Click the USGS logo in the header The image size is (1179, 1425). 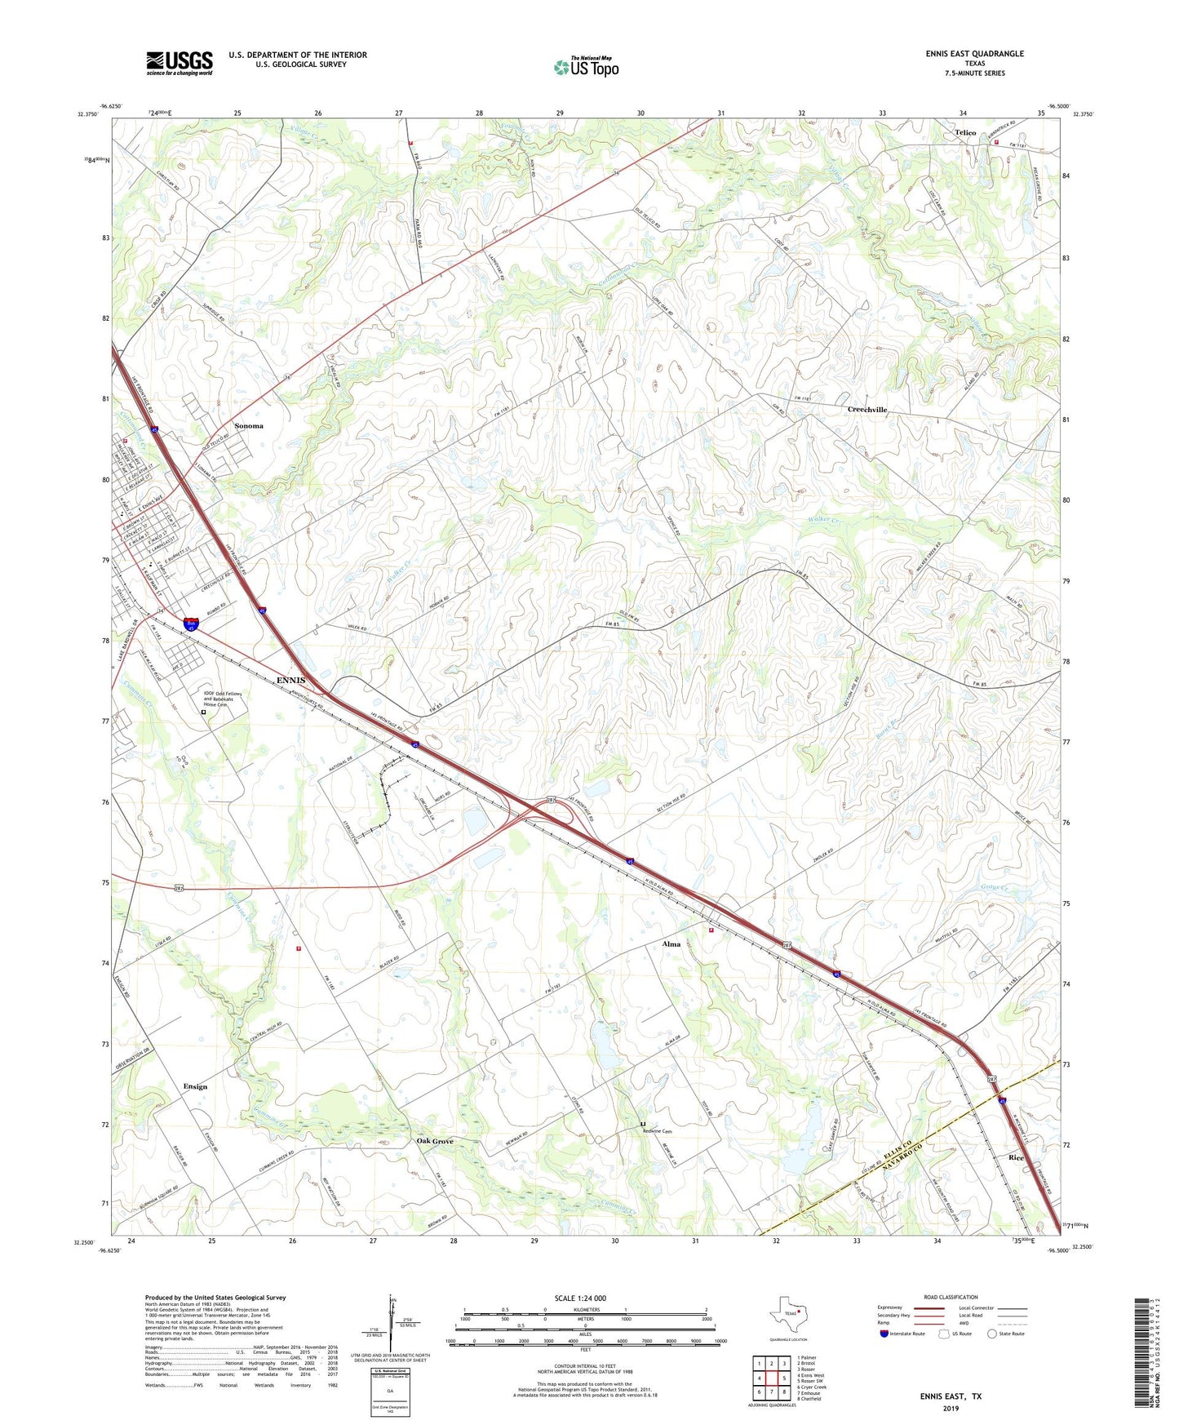coord(180,63)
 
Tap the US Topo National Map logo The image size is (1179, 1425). coord(586,66)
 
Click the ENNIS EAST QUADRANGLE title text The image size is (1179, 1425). coord(974,54)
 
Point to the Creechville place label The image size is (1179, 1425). coord(867,410)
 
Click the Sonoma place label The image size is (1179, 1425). coord(249,426)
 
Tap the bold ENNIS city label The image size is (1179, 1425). coord(290,680)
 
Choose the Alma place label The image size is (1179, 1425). coord(671,944)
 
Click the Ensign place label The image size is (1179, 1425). coord(195,1086)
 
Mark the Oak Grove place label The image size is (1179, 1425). coord(435,1141)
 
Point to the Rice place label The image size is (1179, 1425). coord(1016,1158)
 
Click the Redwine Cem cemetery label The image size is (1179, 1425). coord(661,1131)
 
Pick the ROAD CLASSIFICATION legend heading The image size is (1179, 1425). coord(951,1297)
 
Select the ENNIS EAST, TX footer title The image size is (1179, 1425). coord(951,1396)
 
